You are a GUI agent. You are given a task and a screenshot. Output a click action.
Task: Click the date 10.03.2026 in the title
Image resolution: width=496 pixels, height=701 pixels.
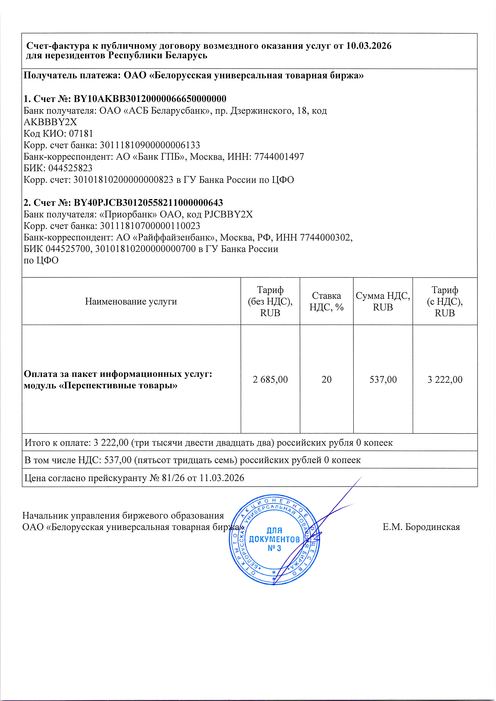(369, 46)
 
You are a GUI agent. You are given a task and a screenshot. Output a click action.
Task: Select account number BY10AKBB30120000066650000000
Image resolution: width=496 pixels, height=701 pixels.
(150, 99)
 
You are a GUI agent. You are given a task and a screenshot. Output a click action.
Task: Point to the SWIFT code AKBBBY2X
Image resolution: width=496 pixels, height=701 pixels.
(50, 122)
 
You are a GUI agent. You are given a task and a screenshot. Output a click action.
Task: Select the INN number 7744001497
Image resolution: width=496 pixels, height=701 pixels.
(279, 157)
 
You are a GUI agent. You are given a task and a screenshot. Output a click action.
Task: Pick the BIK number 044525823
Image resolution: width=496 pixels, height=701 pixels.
(70, 168)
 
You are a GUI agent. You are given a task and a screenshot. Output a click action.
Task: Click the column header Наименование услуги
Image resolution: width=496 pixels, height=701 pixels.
(131, 301)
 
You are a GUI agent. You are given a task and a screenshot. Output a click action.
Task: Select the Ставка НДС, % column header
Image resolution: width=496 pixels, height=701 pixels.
(326, 301)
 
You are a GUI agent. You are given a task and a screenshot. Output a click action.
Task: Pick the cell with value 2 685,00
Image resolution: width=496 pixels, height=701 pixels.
(270, 379)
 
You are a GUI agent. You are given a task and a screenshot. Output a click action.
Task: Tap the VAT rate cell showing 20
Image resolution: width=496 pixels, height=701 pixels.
(326, 379)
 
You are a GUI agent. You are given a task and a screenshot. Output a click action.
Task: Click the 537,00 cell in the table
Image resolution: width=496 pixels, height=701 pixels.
(383, 379)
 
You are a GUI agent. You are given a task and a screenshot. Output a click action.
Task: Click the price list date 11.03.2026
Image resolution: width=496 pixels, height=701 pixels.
(222, 478)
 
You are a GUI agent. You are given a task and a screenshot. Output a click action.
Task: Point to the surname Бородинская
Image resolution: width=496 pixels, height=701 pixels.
(432, 527)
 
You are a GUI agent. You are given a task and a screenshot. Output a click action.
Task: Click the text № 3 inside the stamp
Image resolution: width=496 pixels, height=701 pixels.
(274, 548)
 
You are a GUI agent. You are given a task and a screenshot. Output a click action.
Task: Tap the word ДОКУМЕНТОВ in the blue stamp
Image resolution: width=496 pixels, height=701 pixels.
(274, 539)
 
